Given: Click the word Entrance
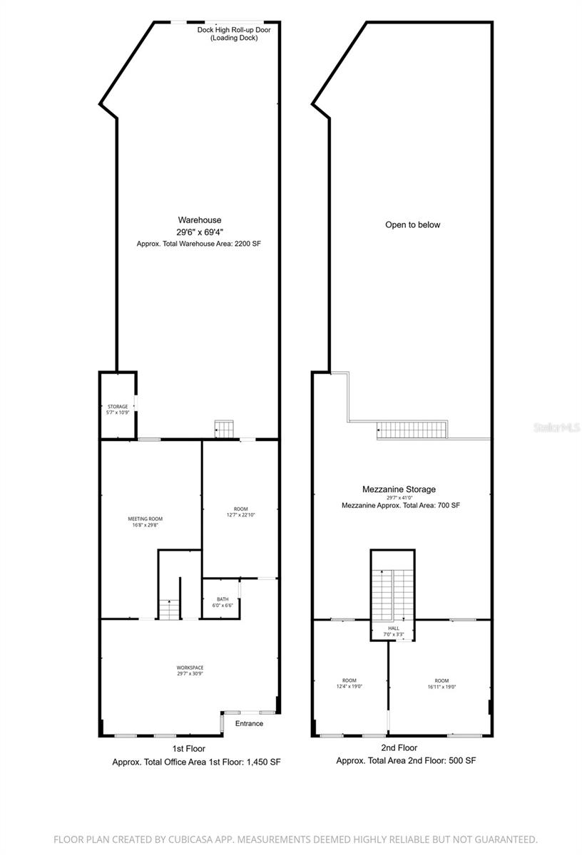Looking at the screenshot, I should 249,723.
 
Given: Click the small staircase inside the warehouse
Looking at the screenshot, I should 223,428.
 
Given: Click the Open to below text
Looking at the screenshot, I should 413,224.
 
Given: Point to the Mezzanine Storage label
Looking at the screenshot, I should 398,489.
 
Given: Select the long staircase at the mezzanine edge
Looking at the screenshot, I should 412,430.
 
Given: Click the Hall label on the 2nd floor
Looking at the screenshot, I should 393,628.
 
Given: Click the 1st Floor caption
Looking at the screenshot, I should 188,748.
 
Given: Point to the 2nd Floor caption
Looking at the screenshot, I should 398,748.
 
